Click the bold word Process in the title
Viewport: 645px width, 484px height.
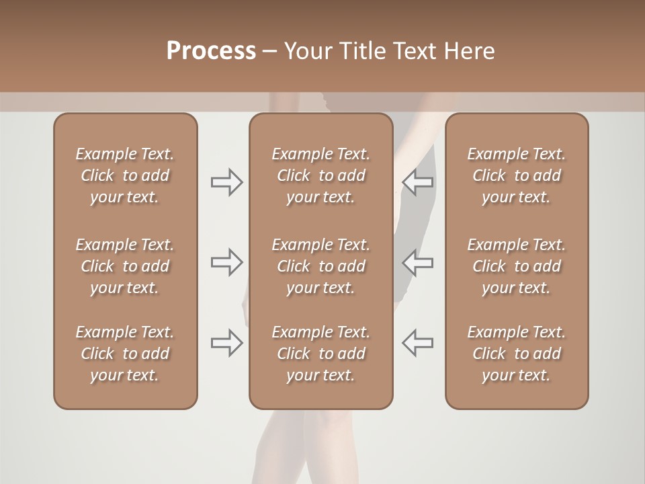[x=211, y=51]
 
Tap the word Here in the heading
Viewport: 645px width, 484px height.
[x=469, y=51]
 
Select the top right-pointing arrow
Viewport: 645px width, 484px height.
[x=226, y=182]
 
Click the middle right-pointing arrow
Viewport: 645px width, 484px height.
[x=226, y=262]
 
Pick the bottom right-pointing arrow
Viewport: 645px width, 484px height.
[x=226, y=343]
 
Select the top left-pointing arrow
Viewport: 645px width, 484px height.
[x=418, y=182]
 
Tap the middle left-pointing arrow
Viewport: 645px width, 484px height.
[x=418, y=262]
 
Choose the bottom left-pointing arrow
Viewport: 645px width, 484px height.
[x=418, y=343]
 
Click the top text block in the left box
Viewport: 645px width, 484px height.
[x=125, y=175]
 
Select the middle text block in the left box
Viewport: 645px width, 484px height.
[x=125, y=266]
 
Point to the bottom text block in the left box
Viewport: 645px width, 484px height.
[x=125, y=354]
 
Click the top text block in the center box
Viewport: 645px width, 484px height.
[x=320, y=175]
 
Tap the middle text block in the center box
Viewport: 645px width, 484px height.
[x=320, y=266]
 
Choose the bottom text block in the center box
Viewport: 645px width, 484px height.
[x=320, y=354]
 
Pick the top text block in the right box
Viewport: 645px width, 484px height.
[x=516, y=175]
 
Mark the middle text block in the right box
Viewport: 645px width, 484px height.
[x=516, y=266]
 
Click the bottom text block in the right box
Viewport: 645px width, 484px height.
[x=516, y=354]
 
